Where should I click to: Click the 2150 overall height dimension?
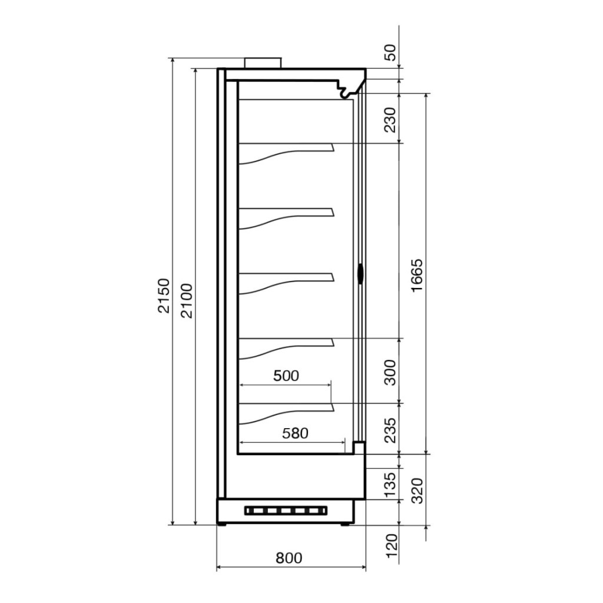164,296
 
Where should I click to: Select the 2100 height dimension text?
187,301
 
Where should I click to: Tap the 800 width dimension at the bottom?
289,558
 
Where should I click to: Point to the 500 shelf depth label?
286,375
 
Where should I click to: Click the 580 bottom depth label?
296,433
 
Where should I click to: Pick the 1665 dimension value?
417,276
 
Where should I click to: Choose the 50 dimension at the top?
390,52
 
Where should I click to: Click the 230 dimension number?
390,120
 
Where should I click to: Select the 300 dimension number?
390,372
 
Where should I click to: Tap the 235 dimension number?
390,430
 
